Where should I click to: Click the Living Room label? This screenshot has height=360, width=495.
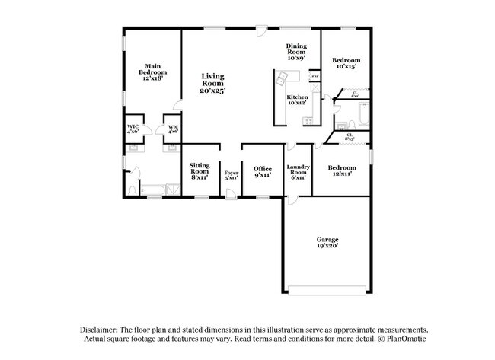pyautogui.click(x=212, y=83)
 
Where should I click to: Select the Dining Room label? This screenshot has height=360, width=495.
pyautogui.click(x=296, y=52)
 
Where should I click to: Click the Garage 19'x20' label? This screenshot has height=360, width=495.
pyautogui.click(x=327, y=243)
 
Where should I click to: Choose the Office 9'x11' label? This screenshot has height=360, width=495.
pyautogui.click(x=262, y=171)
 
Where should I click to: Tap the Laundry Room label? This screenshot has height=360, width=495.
pyautogui.click(x=297, y=171)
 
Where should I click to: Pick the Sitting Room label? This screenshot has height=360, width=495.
pyautogui.click(x=200, y=171)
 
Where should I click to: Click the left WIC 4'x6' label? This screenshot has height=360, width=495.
pyautogui.click(x=133, y=129)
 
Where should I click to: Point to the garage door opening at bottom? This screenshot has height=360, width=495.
pyautogui.click(x=327, y=290)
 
